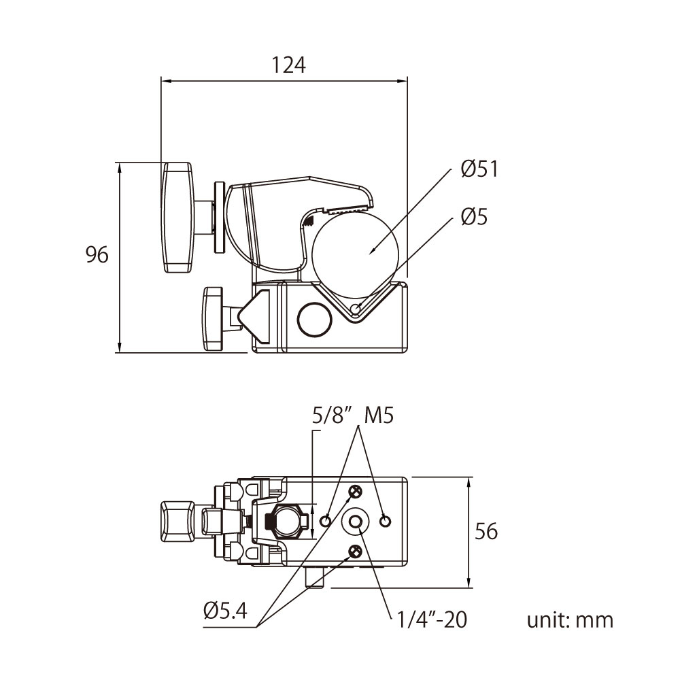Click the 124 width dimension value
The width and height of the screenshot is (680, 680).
click(x=289, y=65)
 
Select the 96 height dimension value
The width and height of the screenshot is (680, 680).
click(x=97, y=256)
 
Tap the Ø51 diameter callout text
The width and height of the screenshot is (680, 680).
click(x=479, y=169)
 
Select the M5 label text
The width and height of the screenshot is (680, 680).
click(x=379, y=415)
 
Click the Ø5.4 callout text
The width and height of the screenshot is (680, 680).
click(x=225, y=611)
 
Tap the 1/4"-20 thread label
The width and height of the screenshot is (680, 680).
click(x=431, y=619)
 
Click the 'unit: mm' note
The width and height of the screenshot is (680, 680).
click(x=570, y=620)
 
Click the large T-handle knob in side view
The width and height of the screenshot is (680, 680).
click(x=178, y=218)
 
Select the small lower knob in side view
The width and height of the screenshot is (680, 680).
click(x=212, y=318)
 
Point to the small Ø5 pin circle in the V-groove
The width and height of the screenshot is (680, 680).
click(x=356, y=310)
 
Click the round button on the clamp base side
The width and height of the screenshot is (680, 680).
click(x=313, y=320)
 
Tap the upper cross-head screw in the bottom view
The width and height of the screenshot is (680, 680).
click(x=355, y=492)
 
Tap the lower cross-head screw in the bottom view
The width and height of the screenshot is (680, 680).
click(x=355, y=551)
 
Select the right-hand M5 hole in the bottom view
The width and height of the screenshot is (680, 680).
click(x=386, y=521)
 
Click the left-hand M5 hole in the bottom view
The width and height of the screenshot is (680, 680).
click(x=326, y=521)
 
